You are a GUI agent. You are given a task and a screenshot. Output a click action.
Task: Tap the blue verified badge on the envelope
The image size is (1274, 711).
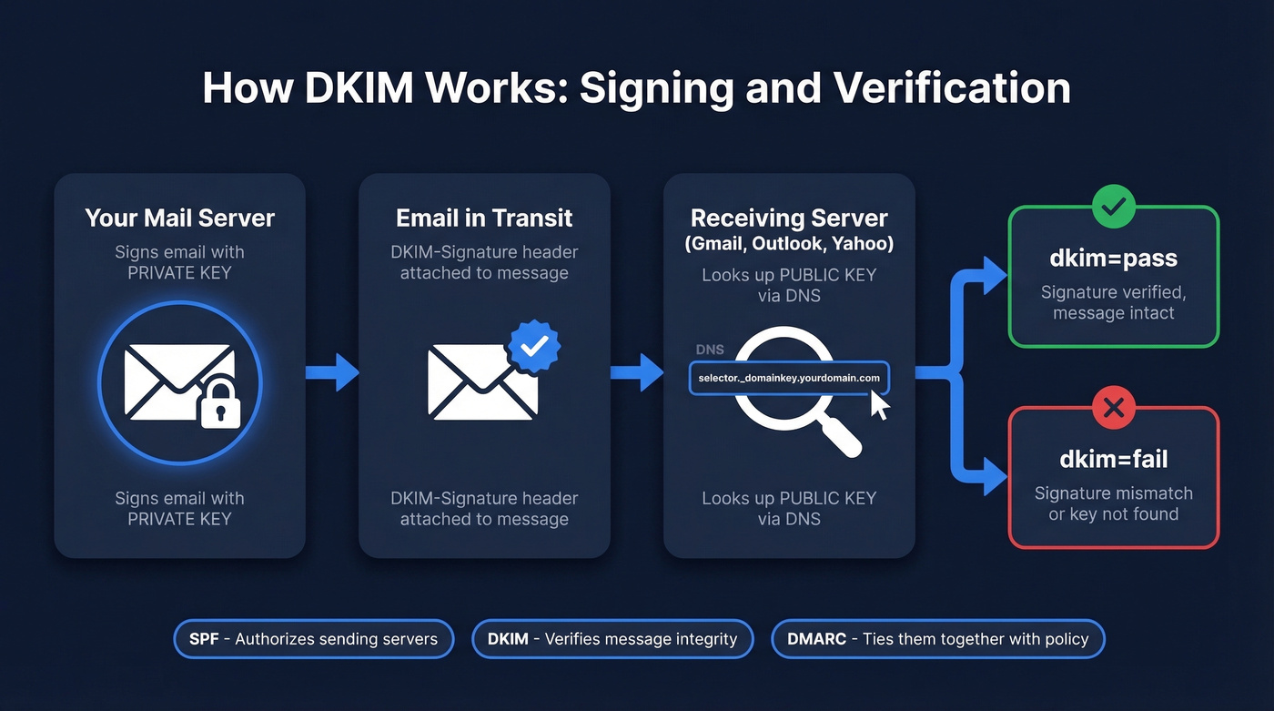point(534,345)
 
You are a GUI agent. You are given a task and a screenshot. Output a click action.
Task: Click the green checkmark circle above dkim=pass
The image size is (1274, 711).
point(1113,207)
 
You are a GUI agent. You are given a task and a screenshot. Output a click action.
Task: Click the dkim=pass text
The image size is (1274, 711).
point(1113,258)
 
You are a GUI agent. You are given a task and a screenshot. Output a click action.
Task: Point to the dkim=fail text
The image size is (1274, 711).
point(1113,459)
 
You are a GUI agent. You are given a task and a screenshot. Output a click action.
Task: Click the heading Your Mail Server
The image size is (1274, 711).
point(179,218)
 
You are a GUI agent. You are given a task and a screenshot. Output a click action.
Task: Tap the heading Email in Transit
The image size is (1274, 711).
point(484,218)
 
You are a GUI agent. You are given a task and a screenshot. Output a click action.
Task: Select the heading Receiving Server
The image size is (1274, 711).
point(788,218)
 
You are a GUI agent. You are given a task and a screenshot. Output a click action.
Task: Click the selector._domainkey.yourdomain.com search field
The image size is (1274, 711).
point(789,377)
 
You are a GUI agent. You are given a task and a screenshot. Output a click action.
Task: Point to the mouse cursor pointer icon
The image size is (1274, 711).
point(879,404)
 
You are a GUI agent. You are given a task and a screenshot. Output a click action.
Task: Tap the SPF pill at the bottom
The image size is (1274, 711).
point(313,639)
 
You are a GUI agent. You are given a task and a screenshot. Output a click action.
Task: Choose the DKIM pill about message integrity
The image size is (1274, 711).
point(612,639)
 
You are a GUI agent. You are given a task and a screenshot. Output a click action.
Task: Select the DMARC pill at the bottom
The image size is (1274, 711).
point(937,639)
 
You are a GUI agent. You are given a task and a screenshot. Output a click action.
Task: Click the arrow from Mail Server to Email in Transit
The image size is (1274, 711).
point(333,371)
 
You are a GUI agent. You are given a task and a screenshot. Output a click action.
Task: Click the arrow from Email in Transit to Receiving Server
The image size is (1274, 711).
point(638,371)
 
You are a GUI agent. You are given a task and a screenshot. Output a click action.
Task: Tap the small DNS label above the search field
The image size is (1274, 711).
point(710,350)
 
